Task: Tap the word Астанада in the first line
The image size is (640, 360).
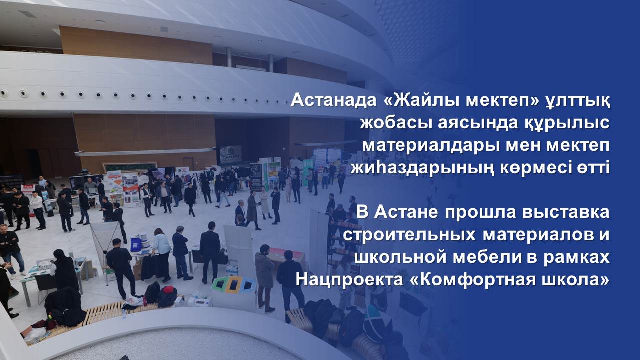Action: click(x=333, y=100)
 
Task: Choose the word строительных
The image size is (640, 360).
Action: click(x=409, y=236)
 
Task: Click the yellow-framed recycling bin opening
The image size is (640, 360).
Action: click(x=233, y=285)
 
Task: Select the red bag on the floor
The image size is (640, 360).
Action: click(x=168, y=295)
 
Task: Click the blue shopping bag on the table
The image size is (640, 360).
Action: click(x=136, y=245)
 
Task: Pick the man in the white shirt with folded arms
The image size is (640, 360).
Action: click(x=38, y=210)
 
